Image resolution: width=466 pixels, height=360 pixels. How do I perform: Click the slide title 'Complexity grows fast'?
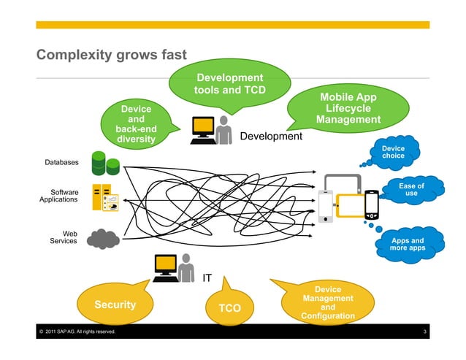click(112, 55)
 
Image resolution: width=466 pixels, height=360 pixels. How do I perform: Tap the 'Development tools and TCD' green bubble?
click(228, 84)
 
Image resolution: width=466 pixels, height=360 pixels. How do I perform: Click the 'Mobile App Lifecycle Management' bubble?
click(348, 108)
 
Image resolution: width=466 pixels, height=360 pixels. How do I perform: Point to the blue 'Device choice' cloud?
click(393, 152)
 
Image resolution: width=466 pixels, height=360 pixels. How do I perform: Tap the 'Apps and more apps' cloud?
click(407, 245)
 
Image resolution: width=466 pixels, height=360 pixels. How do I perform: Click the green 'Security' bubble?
click(115, 304)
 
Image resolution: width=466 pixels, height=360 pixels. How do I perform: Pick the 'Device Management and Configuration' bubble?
click(328, 303)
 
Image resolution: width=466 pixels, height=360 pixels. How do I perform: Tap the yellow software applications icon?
click(105, 199)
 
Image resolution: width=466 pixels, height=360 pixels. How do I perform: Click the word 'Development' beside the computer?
click(271, 137)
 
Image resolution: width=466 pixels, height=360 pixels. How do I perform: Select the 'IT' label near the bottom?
click(207, 277)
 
